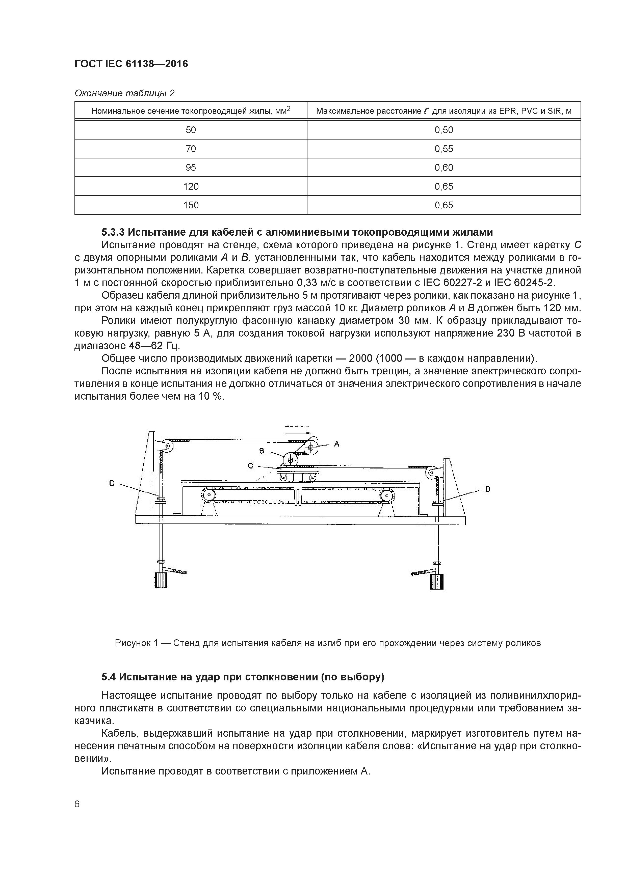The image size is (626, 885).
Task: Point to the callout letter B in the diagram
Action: [262, 451]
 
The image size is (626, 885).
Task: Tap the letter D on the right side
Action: [487, 489]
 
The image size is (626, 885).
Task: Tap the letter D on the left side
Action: [112, 483]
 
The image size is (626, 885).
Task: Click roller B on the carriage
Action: [290, 460]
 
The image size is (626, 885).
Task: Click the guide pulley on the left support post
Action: [167, 446]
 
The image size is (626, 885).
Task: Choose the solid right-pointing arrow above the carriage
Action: [298, 433]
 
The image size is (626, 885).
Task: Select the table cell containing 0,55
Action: [444, 149]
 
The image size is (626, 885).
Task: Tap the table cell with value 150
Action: [191, 205]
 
